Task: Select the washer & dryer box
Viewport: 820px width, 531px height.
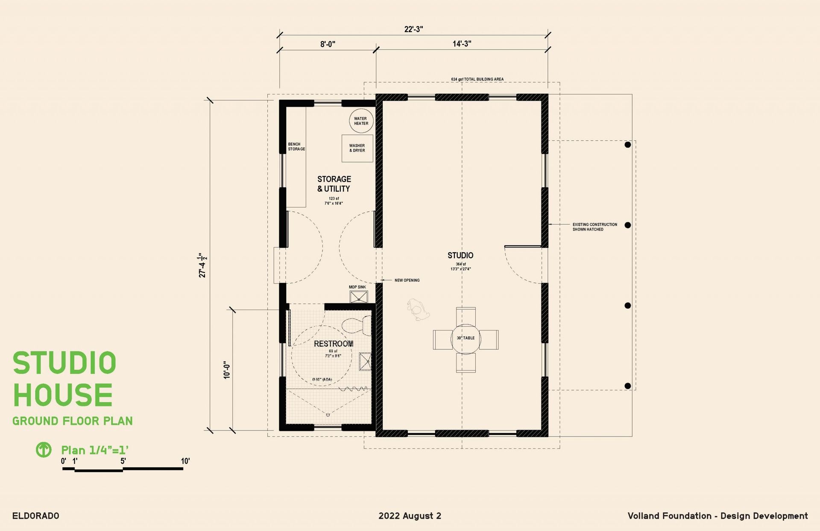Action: point(357,148)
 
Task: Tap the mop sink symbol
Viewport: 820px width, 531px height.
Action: point(359,297)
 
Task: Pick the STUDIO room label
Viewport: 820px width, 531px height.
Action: point(460,255)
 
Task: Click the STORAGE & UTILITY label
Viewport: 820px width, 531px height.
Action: point(334,184)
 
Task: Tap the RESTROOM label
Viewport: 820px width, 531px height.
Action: point(334,344)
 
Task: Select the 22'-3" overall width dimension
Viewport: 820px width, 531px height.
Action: point(413,29)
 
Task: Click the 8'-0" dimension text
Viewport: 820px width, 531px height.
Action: point(328,44)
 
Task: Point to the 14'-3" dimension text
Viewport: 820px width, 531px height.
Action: point(462,44)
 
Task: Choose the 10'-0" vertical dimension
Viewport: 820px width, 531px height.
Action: point(227,370)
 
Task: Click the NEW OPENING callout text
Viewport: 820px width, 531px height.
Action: point(407,280)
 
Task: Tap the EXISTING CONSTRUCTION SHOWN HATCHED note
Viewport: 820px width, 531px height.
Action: point(595,227)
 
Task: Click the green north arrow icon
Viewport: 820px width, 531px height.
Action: point(44,449)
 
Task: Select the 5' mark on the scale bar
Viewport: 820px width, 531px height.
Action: point(123,461)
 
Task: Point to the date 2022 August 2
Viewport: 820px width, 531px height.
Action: point(410,516)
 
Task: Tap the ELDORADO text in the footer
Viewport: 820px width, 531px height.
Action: point(36,516)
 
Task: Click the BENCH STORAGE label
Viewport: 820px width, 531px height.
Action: point(296,147)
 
